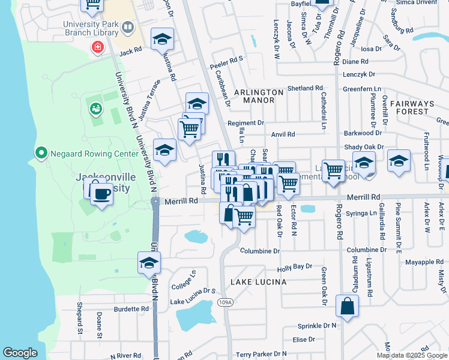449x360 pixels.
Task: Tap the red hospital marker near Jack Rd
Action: coord(97,47)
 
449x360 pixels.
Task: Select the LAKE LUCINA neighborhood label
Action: coord(258,281)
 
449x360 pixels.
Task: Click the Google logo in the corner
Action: coord(20,353)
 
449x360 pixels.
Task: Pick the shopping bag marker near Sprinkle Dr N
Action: coord(348,306)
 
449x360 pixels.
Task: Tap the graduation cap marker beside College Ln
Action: coord(149,263)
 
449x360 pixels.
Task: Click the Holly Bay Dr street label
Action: coord(295,266)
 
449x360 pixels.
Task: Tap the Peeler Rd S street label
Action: coord(226,59)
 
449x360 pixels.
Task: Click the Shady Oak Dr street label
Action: coord(363,147)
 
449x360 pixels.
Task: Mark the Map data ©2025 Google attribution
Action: coord(411,355)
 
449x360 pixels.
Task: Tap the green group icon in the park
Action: coord(95,109)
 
